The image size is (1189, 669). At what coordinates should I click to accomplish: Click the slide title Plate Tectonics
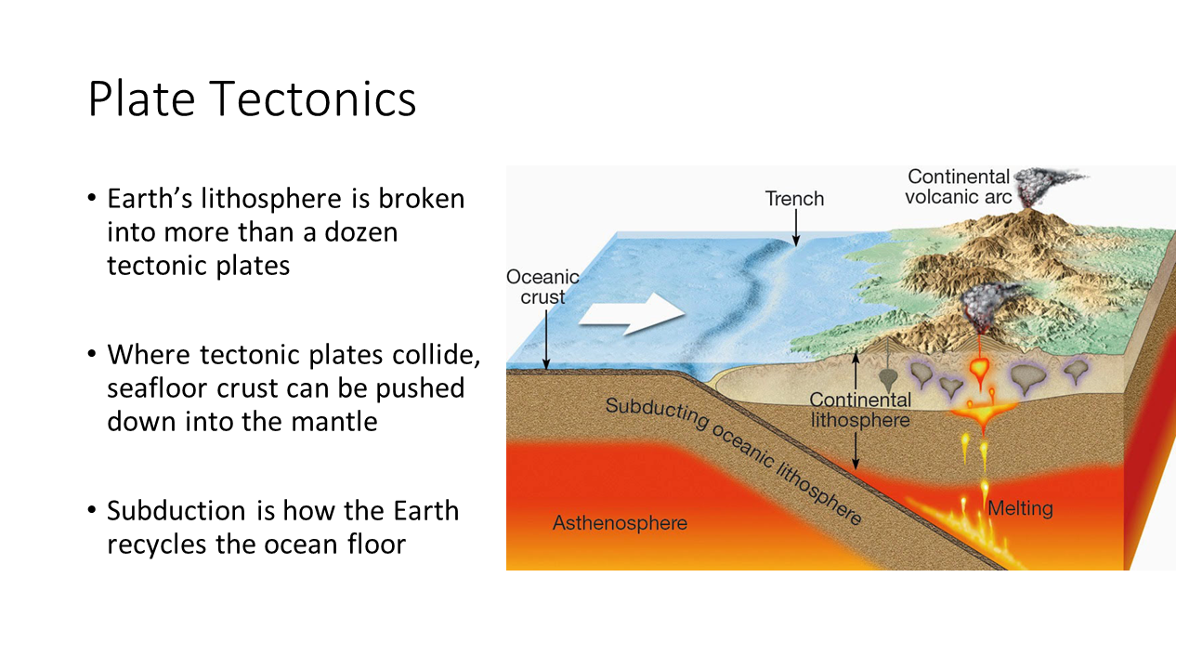click(x=252, y=99)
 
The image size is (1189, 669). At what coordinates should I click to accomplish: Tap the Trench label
click(x=794, y=199)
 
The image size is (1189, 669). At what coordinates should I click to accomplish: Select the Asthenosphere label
click(x=620, y=523)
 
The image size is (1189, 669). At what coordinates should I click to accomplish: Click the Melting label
click(x=1020, y=508)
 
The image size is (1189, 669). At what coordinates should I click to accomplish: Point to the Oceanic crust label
click(x=542, y=287)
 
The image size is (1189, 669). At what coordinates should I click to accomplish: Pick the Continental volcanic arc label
click(x=959, y=187)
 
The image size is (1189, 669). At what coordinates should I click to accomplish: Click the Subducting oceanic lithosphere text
click(x=734, y=461)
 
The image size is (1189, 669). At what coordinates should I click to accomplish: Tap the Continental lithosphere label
click(x=860, y=410)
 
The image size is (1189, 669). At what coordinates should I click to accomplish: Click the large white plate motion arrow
click(x=632, y=313)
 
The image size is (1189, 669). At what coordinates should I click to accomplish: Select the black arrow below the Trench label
click(x=796, y=228)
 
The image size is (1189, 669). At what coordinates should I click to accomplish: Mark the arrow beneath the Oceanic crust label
click(x=546, y=339)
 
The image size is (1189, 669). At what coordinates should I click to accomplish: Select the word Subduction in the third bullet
click(x=176, y=511)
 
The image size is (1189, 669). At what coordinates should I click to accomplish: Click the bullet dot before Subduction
click(x=92, y=511)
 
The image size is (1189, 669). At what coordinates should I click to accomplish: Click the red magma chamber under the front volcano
click(x=979, y=367)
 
